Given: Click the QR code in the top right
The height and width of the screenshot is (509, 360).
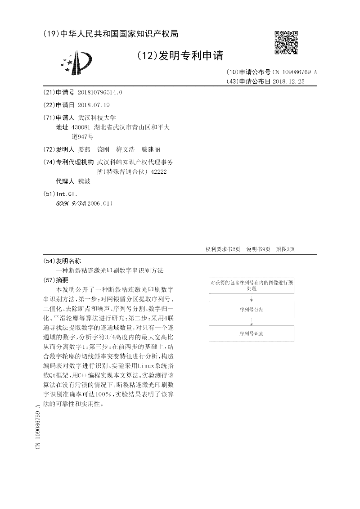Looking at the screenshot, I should (x=286, y=42).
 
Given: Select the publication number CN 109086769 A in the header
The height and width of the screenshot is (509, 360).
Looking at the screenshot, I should (x=295, y=72).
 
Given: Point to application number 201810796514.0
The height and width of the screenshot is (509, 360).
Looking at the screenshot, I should (x=100, y=92).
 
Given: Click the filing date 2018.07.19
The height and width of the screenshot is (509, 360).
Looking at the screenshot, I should (x=94, y=105).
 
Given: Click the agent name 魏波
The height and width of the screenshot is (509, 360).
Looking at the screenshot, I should (x=84, y=181).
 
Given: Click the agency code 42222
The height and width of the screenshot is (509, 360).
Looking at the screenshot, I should (x=158, y=171).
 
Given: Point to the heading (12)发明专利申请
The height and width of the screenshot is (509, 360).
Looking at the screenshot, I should (x=180, y=55).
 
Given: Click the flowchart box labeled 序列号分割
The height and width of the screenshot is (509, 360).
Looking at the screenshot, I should (x=252, y=310).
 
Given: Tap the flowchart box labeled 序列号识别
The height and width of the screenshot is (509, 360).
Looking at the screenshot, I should (x=252, y=333).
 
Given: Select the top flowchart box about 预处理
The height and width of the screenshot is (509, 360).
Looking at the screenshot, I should (x=252, y=285).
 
